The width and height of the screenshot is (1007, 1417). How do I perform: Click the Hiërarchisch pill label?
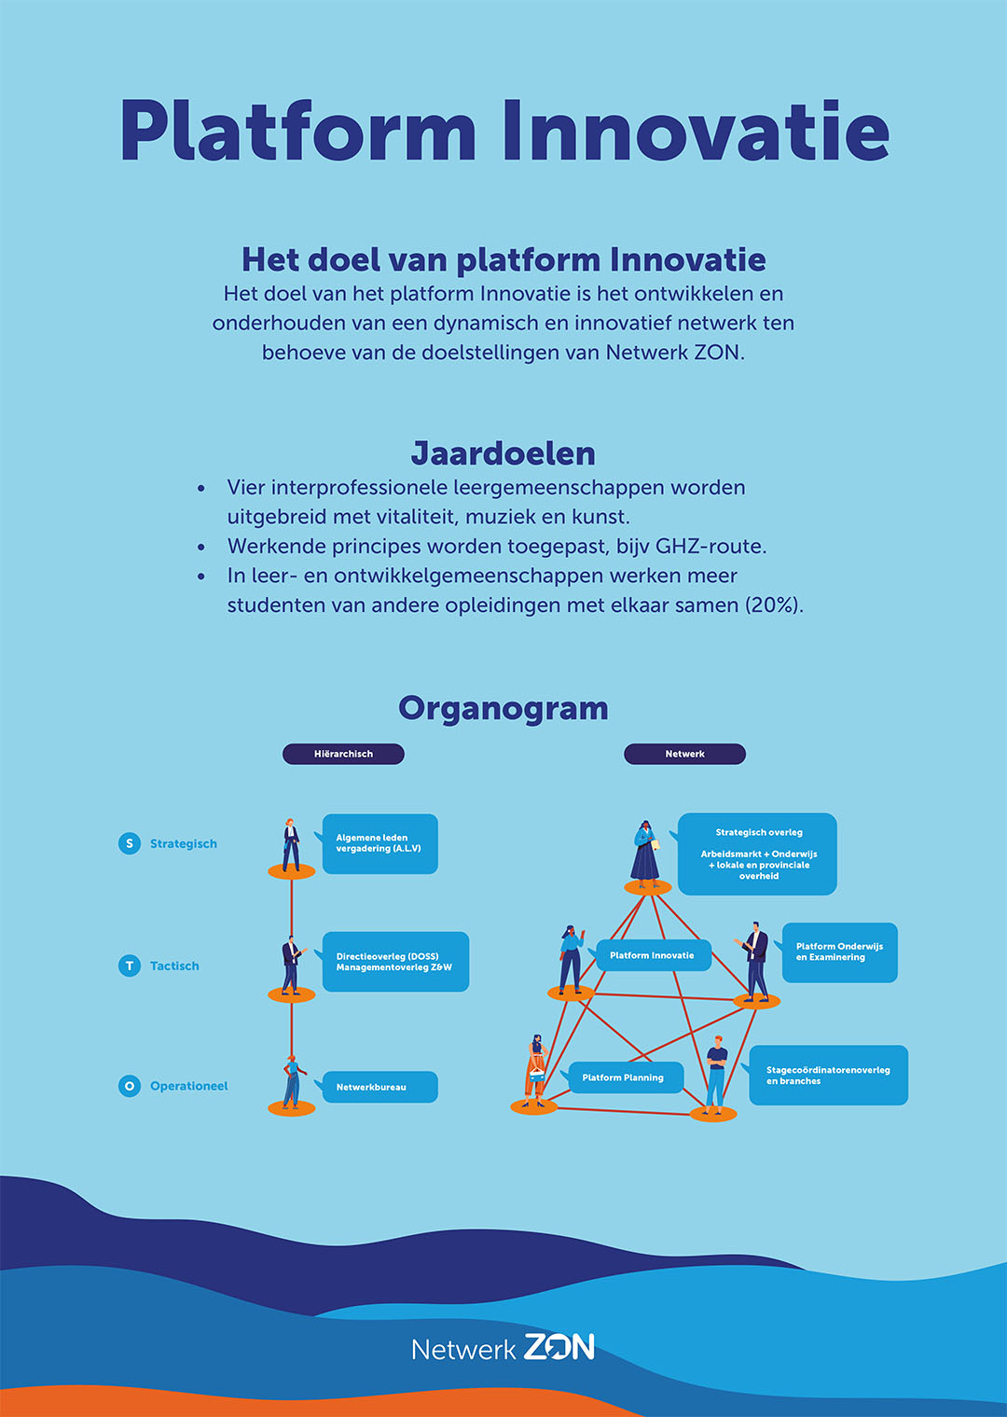[x=343, y=754]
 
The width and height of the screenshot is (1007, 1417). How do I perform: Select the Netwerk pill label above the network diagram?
[x=684, y=754]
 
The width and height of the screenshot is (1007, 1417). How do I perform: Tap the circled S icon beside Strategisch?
[x=130, y=843]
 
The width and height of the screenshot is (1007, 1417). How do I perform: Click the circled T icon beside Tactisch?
[x=130, y=966]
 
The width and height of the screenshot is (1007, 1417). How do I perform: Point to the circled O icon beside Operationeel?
[x=130, y=1086]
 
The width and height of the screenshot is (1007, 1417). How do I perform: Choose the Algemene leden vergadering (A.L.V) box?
[x=379, y=843]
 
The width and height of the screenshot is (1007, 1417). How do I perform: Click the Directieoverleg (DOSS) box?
[x=395, y=961]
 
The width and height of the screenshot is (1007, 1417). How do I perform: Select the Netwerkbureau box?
[x=379, y=1087]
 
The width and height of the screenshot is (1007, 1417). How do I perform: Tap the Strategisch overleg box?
[x=757, y=854]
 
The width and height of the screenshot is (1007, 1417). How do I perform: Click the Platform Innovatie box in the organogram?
[x=654, y=955]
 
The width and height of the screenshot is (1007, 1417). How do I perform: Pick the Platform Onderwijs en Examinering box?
[x=839, y=952]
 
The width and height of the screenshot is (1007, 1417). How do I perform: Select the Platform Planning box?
[x=626, y=1077]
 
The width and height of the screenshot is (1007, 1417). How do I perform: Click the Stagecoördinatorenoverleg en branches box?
[x=829, y=1075]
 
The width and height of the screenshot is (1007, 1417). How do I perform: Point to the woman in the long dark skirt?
[x=645, y=852]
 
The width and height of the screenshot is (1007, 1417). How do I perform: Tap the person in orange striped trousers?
[x=535, y=1071]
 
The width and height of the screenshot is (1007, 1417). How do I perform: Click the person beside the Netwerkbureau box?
[x=292, y=1082]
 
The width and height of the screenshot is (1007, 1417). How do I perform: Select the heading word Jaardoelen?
[x=504, y=453]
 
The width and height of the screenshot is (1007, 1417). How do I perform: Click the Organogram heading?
[x=504, y=708]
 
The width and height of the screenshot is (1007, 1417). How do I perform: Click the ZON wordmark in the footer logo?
[x=559, y=1347]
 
